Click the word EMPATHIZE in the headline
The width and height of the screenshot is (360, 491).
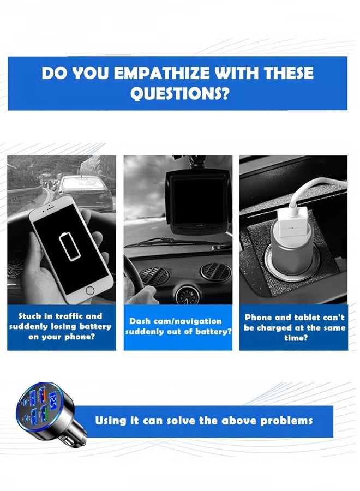point(162,73)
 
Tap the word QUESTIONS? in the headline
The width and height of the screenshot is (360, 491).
point(179,93)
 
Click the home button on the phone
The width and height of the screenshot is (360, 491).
point(90,290)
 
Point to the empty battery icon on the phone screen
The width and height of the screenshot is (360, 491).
point(70,247)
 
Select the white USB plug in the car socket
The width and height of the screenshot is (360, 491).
point(292,224)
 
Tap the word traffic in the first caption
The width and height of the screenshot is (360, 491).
point(66,316)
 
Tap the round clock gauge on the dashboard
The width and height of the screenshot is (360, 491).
point(187,295)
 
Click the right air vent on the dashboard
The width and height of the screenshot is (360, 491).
point(215,271)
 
